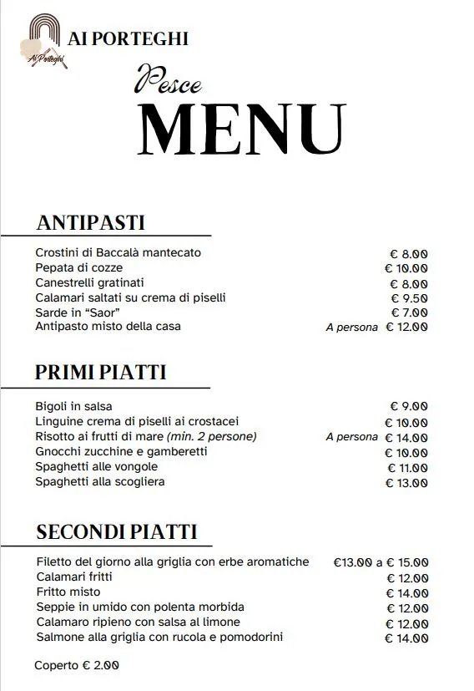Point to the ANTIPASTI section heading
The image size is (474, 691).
[91, 223]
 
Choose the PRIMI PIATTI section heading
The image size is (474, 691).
[100, 373]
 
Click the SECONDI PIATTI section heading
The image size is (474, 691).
[117, 531]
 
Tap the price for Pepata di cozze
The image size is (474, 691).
[406, 268]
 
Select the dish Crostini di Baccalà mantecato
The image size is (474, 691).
[118, 252]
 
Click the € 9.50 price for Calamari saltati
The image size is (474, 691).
[409, 298]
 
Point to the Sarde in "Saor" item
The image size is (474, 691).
[73, 312]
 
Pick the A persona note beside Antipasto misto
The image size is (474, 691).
[351, 328]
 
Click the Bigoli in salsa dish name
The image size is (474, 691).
[73, 406]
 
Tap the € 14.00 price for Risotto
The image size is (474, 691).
[406, 437]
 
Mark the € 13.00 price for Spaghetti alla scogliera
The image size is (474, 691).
[406, 482]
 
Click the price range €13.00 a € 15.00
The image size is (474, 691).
[381, 562]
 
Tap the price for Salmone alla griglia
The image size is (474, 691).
[406, 638]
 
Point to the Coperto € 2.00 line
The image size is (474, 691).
[76, 665]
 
